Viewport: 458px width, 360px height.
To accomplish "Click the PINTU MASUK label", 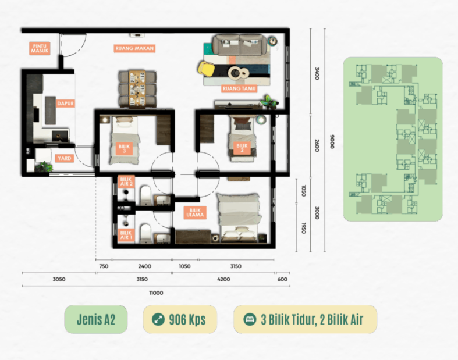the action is [x=40, y=48].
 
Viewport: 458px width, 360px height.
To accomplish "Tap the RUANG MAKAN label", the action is [x=134, y=48].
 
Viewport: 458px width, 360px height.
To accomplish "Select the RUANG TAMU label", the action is [x=239, y=88].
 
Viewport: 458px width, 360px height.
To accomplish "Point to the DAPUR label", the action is [x=65, y=104].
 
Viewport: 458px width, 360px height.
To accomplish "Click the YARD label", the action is [x=64, y=158].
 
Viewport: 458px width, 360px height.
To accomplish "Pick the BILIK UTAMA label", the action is [x=195, y=212].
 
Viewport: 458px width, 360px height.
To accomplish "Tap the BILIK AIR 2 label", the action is [x=126, y=181].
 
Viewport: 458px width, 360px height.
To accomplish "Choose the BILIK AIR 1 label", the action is [x=126, y=235].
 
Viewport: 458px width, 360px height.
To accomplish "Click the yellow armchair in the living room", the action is [x=206, y=69].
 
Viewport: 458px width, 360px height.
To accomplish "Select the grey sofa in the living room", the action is [x=240, y=44].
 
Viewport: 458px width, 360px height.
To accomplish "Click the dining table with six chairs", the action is [x=137, y=89].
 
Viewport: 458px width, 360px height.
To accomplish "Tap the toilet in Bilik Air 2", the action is [x=145, y=195].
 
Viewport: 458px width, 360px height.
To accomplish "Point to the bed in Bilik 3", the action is [x=125, y=140].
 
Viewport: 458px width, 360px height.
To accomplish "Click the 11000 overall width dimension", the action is [x=156, y=293].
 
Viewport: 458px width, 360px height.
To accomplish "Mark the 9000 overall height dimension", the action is [x=332, y=141].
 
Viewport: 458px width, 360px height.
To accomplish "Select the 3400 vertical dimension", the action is [x=317, y=73].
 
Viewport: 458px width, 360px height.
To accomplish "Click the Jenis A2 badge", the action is [x=96, y=319].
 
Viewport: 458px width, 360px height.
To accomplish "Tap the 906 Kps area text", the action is [x=187, y=319].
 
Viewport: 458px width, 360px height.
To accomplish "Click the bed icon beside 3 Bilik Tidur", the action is [x=250, y=319].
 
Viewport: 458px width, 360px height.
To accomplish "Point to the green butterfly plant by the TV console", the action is [x=269, y=102].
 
